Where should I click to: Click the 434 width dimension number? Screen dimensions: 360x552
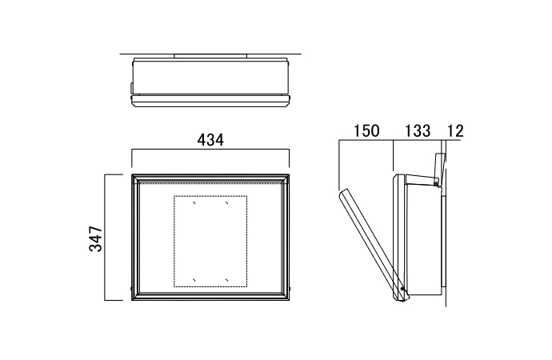pyautogui.click(x=210, y=139)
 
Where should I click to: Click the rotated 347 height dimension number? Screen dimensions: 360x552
pyautogui.click(x=95, y=238)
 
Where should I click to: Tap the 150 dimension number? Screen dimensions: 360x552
pyautogui.click(x=364, y=130)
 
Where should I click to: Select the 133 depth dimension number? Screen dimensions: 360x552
pyautogui.click(x=418, y=130)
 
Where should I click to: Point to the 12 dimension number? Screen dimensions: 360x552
pyautogui.click(x=455, y=130)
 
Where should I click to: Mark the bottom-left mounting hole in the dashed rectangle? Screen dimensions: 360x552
pyautogui.click(x=194, y=278)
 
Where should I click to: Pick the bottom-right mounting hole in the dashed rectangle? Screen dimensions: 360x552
pyautogui.click(x=227, y=278)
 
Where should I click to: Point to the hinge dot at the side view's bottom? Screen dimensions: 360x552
pyautogui.click(x=403, y=290)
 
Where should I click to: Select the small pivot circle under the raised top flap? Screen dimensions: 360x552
pyautogui.click(x=435, y=183)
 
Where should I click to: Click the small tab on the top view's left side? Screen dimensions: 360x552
pyautogui.click(x=130, y=86)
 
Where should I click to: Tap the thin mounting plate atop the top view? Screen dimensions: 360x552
pyautogui.click(x=210, y=56)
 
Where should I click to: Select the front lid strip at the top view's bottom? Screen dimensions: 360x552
pyautogui.click(x=210, y=101)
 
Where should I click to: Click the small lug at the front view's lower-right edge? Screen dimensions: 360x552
pyautogui.click(x=289, y=287)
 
